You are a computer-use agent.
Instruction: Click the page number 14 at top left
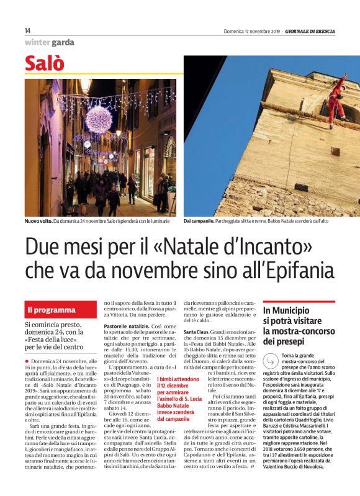pyautogui.click(x=28, y=30)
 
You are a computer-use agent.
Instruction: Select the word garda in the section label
pyautogui.click(x=63, y=43)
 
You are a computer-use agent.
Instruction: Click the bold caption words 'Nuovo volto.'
pyautogui.click(x=38, y=222)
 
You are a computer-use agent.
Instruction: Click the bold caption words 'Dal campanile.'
pyautogui.click(x=199, y=222)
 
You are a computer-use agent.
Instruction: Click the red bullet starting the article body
pyautogui.click(x=27, y=361)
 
